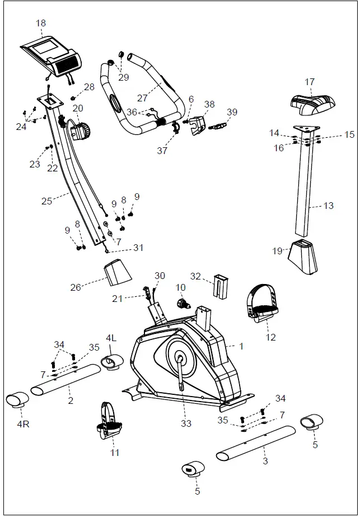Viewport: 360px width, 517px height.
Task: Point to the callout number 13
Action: tap(328, 206)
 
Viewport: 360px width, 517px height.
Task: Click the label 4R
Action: tap(22, 424)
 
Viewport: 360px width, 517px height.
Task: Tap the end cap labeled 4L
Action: tap(110, 362)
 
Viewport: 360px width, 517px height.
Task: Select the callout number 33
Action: tap(186, 423)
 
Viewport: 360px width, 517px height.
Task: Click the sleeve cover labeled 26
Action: tap(118, 274)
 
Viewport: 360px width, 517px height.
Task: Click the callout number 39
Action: tap(232, 112)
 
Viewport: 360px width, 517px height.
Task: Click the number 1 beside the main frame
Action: tap(241, 346)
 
